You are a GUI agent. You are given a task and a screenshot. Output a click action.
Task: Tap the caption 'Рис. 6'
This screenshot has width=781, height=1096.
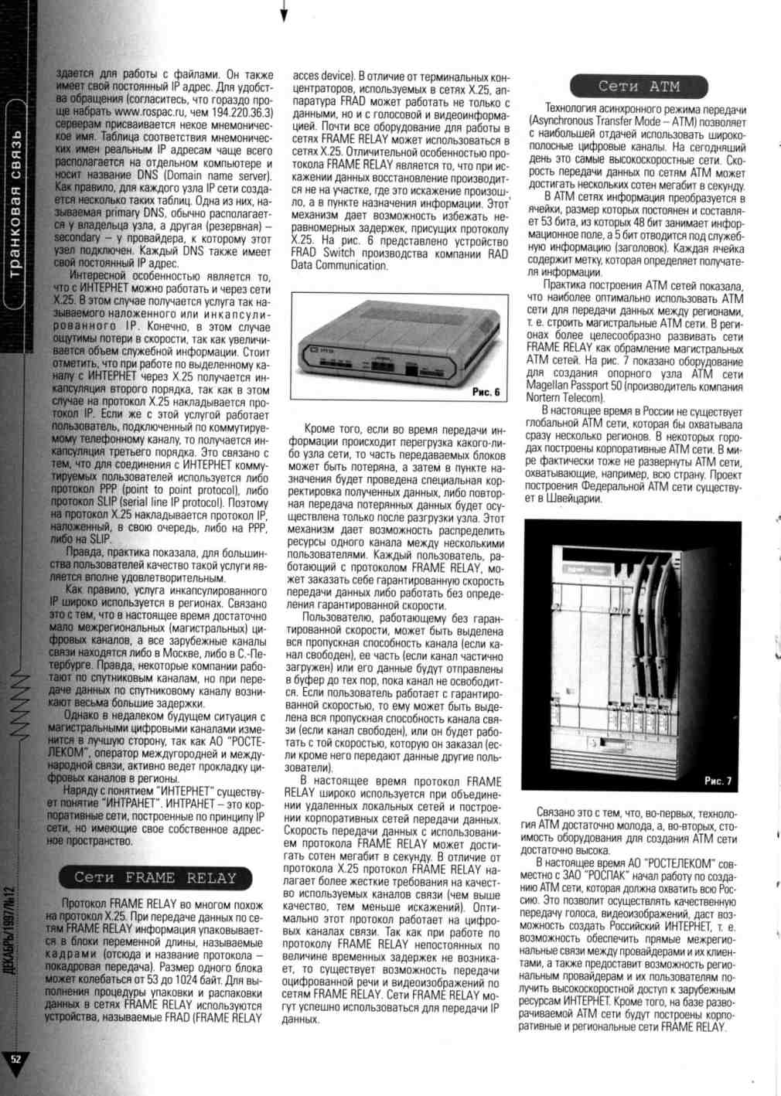pyautogui.click(x=486, y=392)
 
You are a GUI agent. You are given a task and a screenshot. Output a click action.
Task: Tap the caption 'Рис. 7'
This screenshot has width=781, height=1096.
pyautogui.click(x=718, y=781)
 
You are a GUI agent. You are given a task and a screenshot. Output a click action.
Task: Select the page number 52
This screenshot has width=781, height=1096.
pyautogui.click(x=15, y=1058)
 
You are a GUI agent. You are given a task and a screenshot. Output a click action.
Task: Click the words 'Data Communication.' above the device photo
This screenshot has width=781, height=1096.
pyautogui.click(x=339, y=265)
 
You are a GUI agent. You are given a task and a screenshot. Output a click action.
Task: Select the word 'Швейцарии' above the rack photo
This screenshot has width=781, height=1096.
pyautogui.click(x=571, y=499)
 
